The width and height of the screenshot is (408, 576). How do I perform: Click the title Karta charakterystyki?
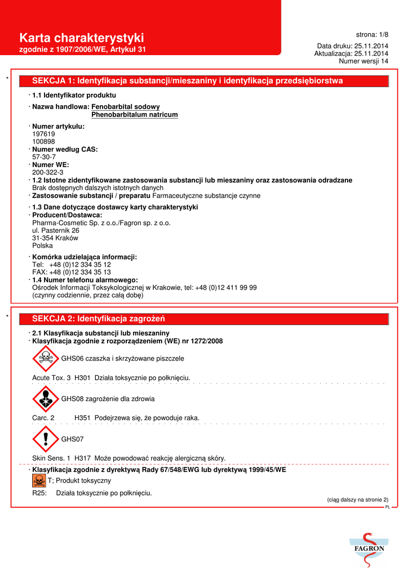[x=82, y=38]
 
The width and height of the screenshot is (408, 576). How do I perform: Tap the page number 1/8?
[x=372, y=34]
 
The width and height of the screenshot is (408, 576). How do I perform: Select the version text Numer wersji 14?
[x=363, y=61]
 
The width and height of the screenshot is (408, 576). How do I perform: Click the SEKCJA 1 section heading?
[x=188, y=81]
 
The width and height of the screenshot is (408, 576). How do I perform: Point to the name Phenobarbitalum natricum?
[x=135, y=115]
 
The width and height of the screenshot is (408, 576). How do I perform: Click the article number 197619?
[x=43, y=134]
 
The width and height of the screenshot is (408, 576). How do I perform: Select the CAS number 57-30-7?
[x=44, y=157]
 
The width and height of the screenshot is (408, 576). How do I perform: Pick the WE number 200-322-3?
[x=47, y=172]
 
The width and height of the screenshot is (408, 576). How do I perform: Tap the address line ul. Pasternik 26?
[x=56, y=230]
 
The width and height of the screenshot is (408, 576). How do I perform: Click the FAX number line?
[x=72, y=272]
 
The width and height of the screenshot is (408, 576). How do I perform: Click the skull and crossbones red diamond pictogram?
[x=45, y=358]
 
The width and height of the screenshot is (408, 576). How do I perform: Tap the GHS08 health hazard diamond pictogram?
[x=45, y=398]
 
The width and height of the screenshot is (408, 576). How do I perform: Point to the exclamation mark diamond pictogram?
[x=45, y=439]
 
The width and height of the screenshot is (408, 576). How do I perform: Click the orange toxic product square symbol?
[x=39, y=481]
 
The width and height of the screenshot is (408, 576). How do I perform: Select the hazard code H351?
[x=82, y=418]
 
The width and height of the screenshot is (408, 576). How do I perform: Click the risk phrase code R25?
[x=39, y=493]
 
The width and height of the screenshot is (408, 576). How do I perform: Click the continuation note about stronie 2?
[x=358, y=499]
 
